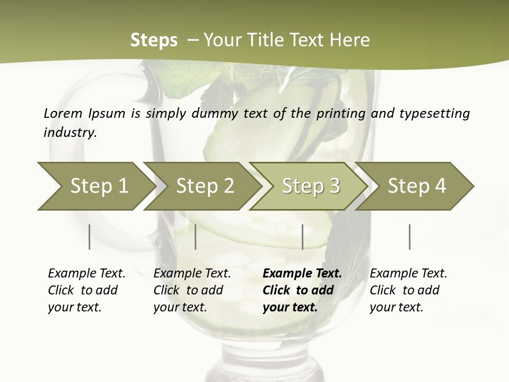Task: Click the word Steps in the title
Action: coord(154,40)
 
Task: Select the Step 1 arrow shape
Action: coord(95,186)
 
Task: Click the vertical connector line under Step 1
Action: coord(90,237)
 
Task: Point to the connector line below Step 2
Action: coord(196,237)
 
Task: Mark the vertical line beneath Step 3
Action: coord(302,237)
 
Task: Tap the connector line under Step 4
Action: coord(409,237)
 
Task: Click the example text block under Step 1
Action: coord(86,290)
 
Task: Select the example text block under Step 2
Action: coord(192,290)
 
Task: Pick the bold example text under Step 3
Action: coord(302,290)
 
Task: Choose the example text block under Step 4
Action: coord(408,290)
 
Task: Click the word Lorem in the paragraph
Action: coord(63,113)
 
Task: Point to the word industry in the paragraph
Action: coord(70,132)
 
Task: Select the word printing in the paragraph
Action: coord(342,113)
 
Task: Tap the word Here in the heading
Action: coord(352,40)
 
